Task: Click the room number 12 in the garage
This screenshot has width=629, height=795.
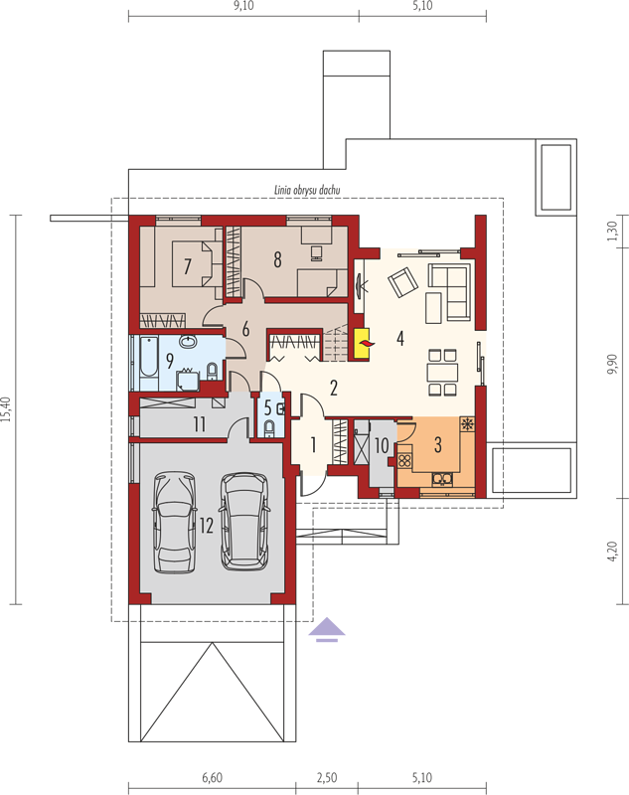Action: pos(207,526)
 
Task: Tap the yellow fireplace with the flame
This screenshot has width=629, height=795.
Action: pos(362,344)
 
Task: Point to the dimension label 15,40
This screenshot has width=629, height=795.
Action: pos(6,409)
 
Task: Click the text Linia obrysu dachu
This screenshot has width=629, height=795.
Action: pos(307,191)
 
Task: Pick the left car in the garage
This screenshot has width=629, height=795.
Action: pos(174,523)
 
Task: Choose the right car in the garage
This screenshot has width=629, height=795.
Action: pos(243,521)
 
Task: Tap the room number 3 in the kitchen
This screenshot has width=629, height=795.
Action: pos(438,444)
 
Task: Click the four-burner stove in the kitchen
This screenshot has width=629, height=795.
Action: pos(404,460)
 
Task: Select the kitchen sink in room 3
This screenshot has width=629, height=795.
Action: pos(441,479)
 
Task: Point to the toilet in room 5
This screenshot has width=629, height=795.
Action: pos(269,428)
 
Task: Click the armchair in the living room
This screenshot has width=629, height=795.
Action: pos(403,282)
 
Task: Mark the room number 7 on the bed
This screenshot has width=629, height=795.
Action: pos(188,265)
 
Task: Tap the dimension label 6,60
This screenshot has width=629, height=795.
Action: pos(212,777)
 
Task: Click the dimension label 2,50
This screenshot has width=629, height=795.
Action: pos(326,777)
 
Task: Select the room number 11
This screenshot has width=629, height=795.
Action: pos(199,424)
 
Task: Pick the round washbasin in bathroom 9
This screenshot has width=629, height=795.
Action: pos(189,341)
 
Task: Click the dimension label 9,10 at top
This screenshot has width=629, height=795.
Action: pos(243,6)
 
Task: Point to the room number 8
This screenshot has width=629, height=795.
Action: pos(277,259)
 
